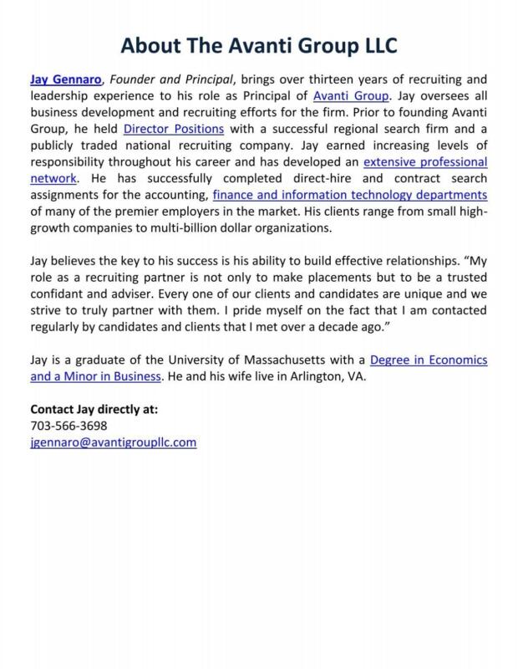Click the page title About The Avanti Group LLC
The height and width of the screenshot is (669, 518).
tap(259, 43)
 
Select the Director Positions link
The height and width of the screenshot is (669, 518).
tap(174, 129)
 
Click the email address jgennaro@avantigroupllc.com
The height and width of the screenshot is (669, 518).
tap(113, 442)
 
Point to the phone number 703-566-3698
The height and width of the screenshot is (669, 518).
tap(69, 426)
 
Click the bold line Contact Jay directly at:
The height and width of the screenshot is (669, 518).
tap(94, 410)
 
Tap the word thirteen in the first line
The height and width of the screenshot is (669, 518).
tap(329, 80)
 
